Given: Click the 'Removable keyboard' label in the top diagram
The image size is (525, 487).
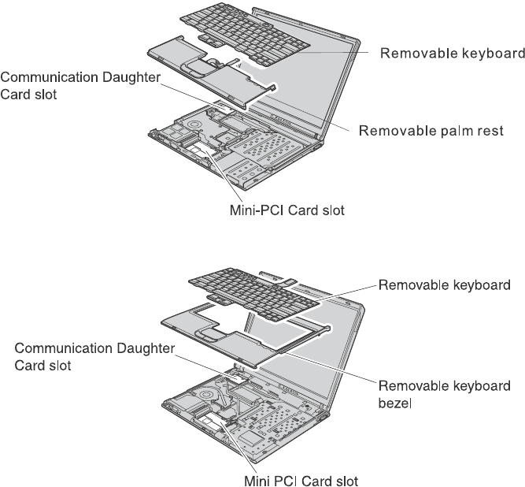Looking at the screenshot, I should point(452,54).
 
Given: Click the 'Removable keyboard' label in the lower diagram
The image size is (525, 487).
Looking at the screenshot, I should point(451,284).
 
